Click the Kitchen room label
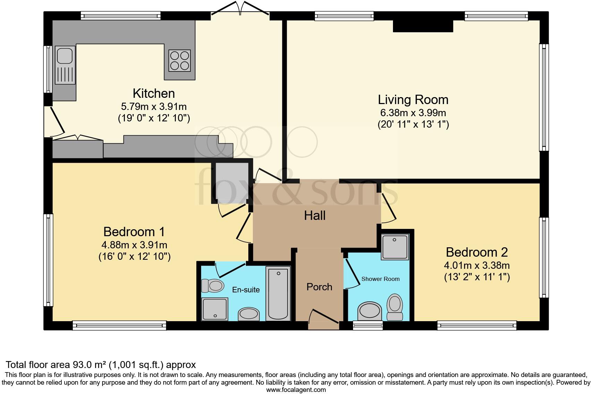(x=154, y=93)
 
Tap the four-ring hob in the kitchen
(x=179, y=61)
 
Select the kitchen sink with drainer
(x=65, y=65)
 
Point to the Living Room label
(x=413, y=100)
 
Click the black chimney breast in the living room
(x=423, y=26)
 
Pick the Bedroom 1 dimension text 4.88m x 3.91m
(x=134, y=245)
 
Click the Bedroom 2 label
(x=477, y=252)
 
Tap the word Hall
(x=315, y=216)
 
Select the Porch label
(x=319, y=287)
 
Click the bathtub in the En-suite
(x=278, y=293)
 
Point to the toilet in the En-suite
(x=213, y=285)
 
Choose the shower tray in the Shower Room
(x=395, y=247)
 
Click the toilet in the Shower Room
(x=395, y=307)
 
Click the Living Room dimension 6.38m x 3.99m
(x=413, y=113)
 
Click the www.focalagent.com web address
(x=296, y=390)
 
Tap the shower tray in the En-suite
(x=214, y=309)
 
